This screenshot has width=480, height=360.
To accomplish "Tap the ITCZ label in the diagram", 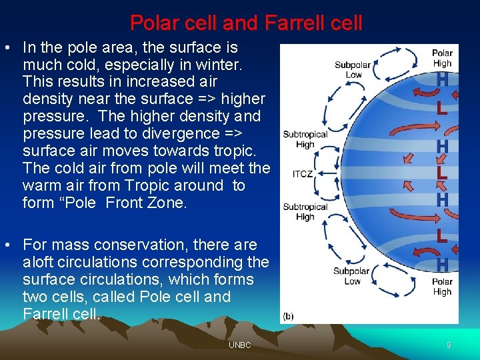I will point(303,175).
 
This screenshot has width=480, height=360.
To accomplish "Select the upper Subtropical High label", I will point(305,139).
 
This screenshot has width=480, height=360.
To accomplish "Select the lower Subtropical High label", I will point(305,211).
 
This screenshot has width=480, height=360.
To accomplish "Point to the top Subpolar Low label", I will point(353,70).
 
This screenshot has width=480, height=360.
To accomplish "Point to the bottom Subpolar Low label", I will point(352,277).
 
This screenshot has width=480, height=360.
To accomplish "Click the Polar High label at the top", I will point(442,58).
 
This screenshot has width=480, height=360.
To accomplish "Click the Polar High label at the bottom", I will point(442,287).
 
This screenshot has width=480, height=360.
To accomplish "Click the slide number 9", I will point(449,345).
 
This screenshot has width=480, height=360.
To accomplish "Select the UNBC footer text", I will point(239,345).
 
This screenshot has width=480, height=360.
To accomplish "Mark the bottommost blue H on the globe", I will point(441,265).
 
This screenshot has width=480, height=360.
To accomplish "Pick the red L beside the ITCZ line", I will point(441,172).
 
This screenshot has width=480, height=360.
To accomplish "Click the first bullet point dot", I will point(7,49).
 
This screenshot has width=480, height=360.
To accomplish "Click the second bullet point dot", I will point(7,245).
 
